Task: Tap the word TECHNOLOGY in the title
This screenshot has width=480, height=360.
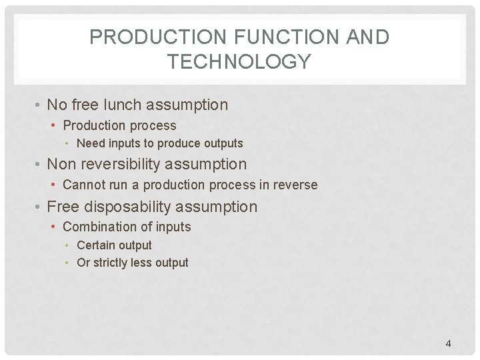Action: pyautogui.click(x=239, y=62)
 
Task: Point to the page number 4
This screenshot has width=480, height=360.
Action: pyautogui.click(x=448, y=343)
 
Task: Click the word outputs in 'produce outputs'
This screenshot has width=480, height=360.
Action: pyautogui.click(x=222, y=143)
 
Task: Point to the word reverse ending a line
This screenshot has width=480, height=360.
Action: pyautogui.click(x=296, y=185)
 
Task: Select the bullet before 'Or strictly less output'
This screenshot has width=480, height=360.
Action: pyautogui.click(x=69, y=263)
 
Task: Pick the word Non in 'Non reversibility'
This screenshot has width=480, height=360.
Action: pyautogui.click(x=61, y=164)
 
